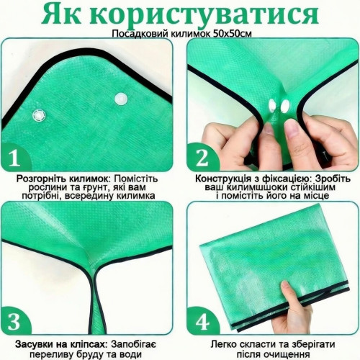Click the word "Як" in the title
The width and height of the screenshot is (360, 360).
61,14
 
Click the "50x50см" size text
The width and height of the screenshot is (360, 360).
233,34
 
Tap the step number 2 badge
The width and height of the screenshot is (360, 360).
202,158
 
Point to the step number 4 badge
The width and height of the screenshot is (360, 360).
202,321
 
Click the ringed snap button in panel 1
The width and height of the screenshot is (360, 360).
39,116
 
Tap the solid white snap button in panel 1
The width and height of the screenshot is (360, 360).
121,99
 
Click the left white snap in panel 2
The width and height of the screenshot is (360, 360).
273,105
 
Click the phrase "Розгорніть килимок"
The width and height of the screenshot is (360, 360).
63,179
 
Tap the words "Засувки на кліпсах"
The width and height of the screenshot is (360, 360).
61,344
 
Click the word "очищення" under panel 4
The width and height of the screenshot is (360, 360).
290,354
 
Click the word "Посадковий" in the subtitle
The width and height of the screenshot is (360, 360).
140,34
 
